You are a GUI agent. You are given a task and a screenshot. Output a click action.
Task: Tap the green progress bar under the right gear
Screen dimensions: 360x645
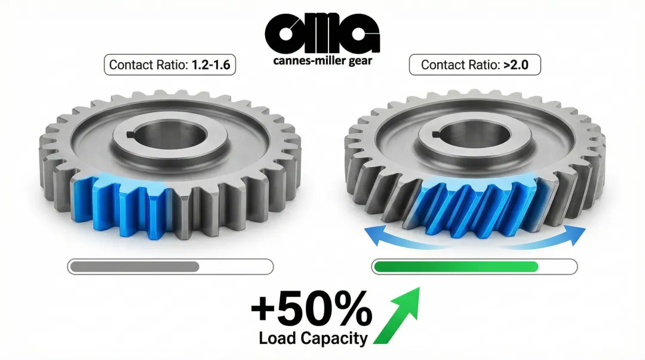[x=456, y=266]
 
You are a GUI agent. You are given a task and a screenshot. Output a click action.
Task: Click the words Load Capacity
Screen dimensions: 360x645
[x=314, y=339]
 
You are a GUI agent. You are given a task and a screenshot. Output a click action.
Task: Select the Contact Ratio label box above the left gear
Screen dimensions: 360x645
[x=170, y=64]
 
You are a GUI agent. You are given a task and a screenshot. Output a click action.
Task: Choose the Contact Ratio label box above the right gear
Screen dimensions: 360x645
[x=475, y=64]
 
